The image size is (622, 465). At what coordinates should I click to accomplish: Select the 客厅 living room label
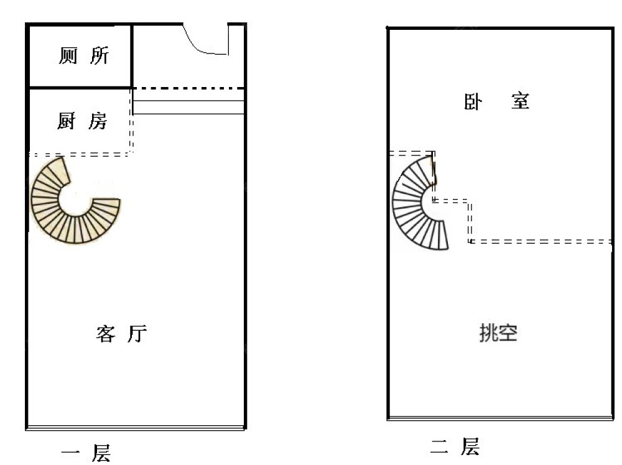[x=121, y=334]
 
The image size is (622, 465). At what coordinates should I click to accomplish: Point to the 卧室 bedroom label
[x=496, y=101]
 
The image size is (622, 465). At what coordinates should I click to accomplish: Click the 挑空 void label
[x=498, y=334]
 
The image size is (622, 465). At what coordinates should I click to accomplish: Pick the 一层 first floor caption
[x=86, y=452]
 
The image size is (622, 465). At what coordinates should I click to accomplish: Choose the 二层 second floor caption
[x=455, y=446]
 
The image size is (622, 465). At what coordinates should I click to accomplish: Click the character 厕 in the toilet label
[x=68, y=57]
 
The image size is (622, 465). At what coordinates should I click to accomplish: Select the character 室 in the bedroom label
[x=520, y=101]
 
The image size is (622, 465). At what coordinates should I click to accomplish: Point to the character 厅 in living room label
[x=137, y=334]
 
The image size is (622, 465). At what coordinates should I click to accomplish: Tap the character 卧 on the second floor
[x=473, y=101]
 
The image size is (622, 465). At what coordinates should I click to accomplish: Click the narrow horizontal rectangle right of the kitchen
[x=188, y=108]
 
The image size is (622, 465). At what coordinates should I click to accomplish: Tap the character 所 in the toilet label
[x=100, y=57]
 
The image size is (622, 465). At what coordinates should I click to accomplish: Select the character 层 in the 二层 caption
[x=470, y=446]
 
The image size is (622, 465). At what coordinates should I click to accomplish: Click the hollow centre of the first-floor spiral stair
[x=75, y=199]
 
